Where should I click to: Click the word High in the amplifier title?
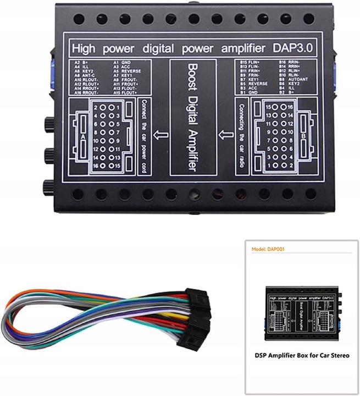(85, 48)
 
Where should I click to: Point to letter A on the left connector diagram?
(82, 134)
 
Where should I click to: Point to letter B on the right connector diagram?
(304, 134)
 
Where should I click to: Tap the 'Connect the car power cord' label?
(143, 135)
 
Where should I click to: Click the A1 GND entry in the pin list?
(122, 63)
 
